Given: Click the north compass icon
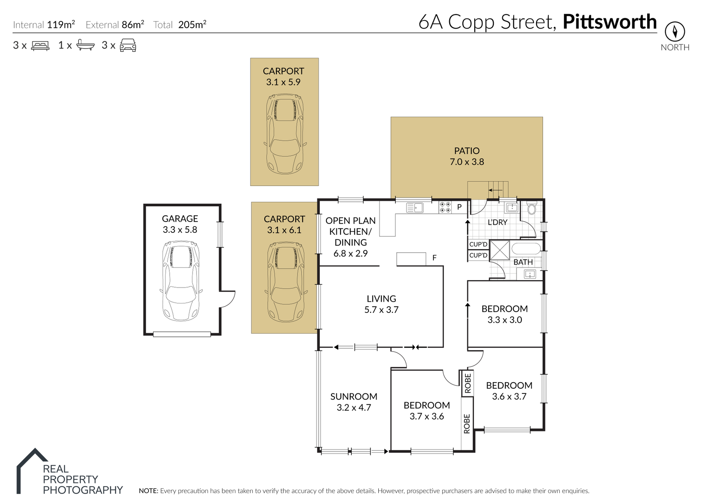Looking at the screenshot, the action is click(675, 32).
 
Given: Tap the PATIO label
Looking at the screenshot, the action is click(467, 151).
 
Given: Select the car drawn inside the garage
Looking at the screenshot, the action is click(181, 281).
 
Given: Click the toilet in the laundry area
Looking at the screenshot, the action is click(531, 207).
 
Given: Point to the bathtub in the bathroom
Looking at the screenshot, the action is click(526, 248).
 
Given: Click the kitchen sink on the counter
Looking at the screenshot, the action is click(415, 208).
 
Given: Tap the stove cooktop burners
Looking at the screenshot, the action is click(446, 207).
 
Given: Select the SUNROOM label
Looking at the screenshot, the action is click(353, 396).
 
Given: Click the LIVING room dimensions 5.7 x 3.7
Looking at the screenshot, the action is click(381, 310).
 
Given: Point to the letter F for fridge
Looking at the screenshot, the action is click(434, 258).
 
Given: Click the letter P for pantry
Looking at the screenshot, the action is click(459, 207).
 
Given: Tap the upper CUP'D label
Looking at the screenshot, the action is click(478, 244).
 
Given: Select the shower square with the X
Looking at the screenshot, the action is click(500, 250).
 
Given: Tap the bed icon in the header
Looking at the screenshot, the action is click(40, 46).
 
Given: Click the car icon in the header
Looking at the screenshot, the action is click(128, 45).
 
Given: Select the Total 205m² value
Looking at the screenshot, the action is click(192, 24).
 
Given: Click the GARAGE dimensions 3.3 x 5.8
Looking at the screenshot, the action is click(180, 230).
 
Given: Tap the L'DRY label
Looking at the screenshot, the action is click(497, 222).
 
